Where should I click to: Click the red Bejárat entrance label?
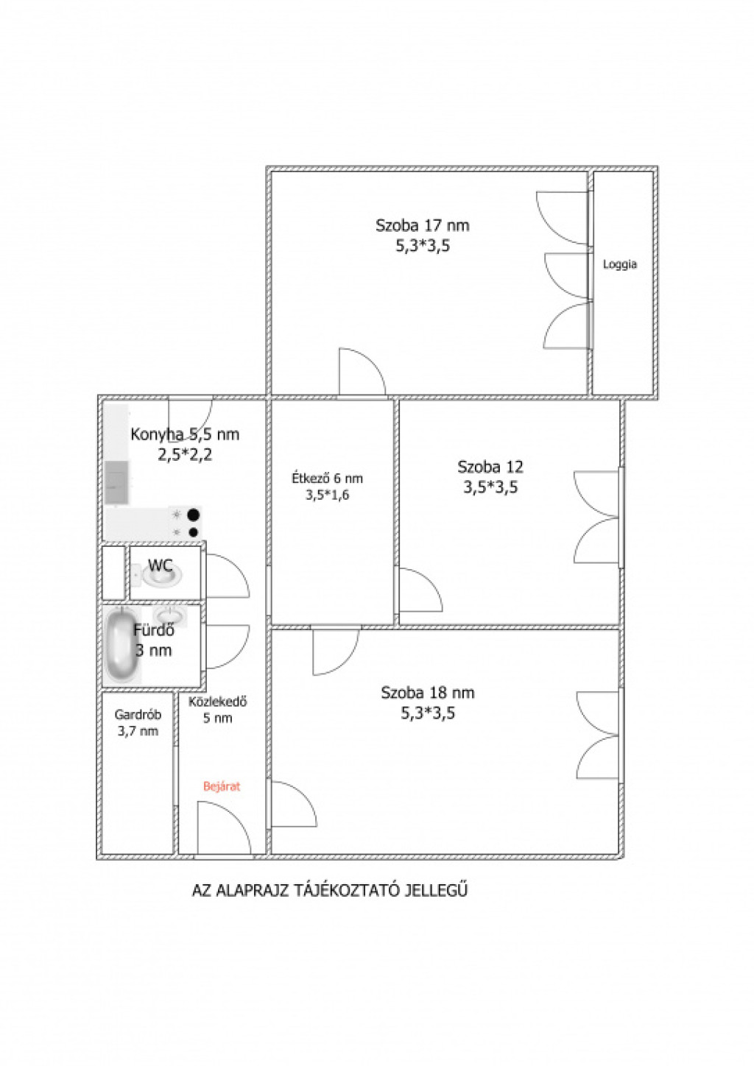tap(222, 786)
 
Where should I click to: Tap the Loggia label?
tap(620, 264)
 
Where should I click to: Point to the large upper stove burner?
tap(193, 515)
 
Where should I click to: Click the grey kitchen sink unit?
tap(117, 482)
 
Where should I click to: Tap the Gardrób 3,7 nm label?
tap(138, 722)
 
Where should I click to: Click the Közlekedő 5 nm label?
tap(218, 710)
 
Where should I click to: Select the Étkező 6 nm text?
tap(327, 479)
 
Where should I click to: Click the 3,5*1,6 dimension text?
tap(327, 495)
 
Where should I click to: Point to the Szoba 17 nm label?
tap(422, 225)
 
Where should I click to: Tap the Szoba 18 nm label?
tap(428, 693)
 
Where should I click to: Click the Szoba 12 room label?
tap(490, 467)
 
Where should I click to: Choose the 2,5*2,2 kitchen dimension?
tap(185, 456)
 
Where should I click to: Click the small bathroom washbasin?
tap(169, 615)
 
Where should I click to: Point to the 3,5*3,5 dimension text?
tap(491, 488)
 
